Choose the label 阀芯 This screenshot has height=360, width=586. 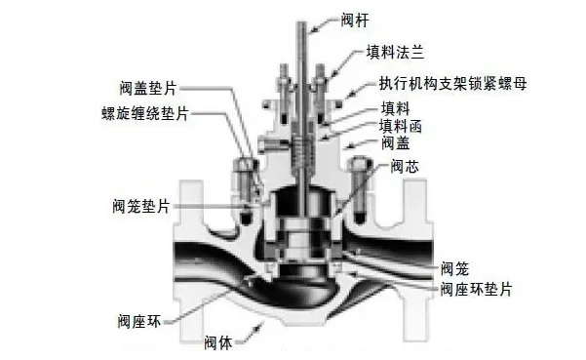pos(403,166)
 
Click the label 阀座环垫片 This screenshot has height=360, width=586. pos(476,289)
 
